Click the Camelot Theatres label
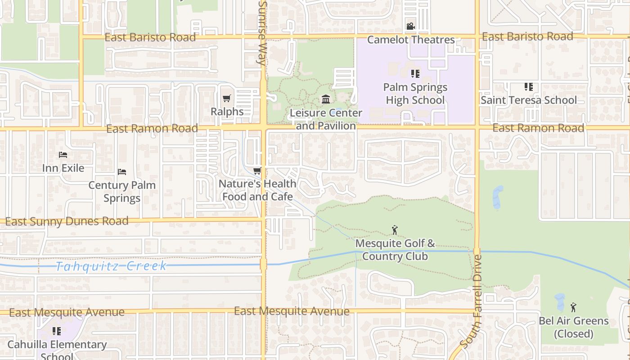(411, 40)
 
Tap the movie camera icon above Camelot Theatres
(410, 27)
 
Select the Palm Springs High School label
(415, 94)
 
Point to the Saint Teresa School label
(528, 100)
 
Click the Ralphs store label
(227, 112)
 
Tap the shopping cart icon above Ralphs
(227, 99)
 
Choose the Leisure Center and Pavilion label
(326, 119)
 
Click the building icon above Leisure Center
(326, 99)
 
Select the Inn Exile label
(63, 168)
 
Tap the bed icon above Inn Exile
(63, 155)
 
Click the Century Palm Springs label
(122, 191)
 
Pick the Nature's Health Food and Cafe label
(257, 190)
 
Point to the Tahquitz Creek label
(111, 266)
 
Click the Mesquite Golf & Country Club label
(395, 250)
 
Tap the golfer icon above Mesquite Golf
(395, 230)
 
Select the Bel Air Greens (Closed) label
(573, 327)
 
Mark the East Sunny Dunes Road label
(67, 221)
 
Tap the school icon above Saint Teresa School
(528, 86)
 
